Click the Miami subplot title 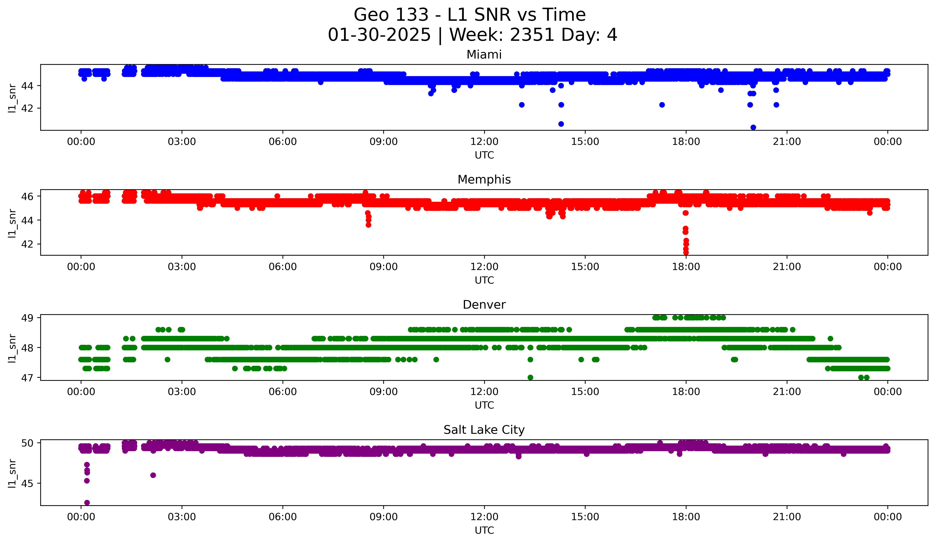click(x=484, y=55)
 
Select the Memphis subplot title click(x=484, y=180)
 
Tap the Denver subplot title click(x=484, y=305)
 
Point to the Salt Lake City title click(x=484, y=430)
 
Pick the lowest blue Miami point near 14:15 click(x=561, y=124)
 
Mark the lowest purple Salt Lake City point click(x=87, y=503)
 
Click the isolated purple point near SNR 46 click(x=153, y=475)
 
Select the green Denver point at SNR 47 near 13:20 click(x=530, y=377)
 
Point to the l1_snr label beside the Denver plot click(x=12, y=348)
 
